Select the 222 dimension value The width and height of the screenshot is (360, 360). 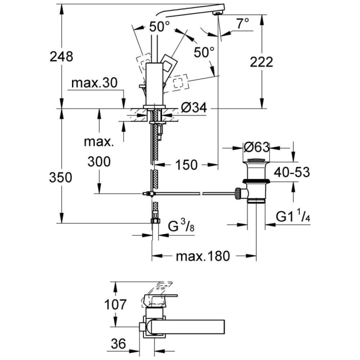pyautogui.click(x=261, y=62)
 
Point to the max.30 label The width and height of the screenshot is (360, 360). pyautogui.click(x=95, y=83)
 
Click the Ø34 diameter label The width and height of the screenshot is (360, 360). pyautogui.click(x=194, y=109)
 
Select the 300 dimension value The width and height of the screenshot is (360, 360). pyautogui.click(x=99, y=162)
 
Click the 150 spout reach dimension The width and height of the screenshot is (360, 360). pyautogui.click(x=186, y=165)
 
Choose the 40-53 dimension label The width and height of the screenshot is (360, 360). pyautogui.click(x=291, y=172)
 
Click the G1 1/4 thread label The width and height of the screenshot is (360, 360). pyautogui.click(x=293, y=215)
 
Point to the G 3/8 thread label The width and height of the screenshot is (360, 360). pyautogui.click(x=182, y=225)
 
